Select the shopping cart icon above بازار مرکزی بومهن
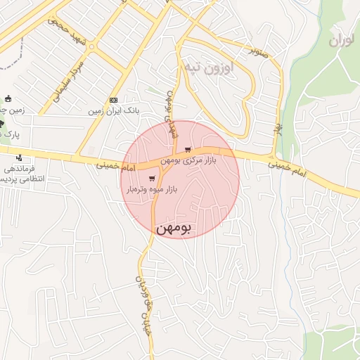188,150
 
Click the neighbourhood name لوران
343,40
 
